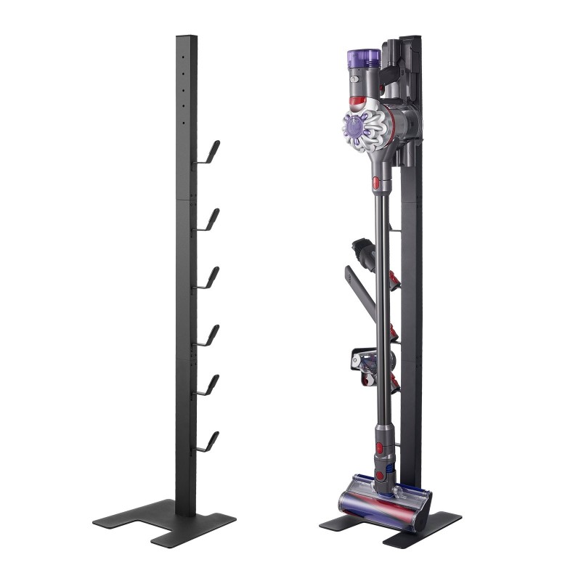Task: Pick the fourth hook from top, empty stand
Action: tap(209, 336)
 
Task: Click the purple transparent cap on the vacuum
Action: tap(364, 58)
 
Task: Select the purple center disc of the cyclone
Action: tap(354, 128)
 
